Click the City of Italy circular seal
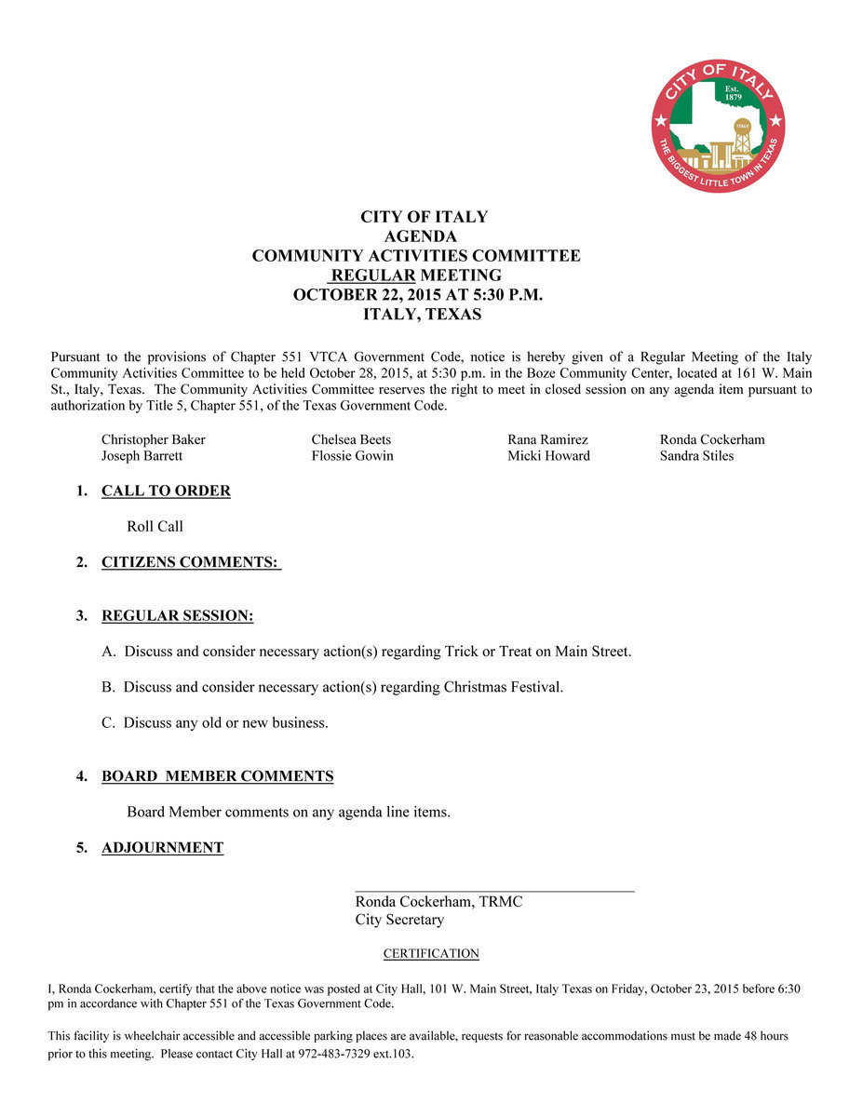[718, 125]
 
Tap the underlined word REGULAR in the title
[372, 276]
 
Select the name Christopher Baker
[153, 439]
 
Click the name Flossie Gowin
[352, 456]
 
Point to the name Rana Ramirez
[547, 439]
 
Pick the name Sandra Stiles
[696, 456]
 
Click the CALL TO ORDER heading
[166, 491]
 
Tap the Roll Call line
[155, 527]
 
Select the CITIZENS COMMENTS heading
[190, 562]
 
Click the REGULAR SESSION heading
[177, 616]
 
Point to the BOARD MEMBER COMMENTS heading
[217, 776]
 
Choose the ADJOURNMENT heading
[162, 848]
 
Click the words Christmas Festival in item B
[503, 688]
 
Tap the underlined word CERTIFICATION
[431, 954]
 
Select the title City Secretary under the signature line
[399, 920]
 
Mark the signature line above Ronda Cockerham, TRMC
[494, 892]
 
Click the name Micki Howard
[548, 456]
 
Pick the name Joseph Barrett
[142, 456]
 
